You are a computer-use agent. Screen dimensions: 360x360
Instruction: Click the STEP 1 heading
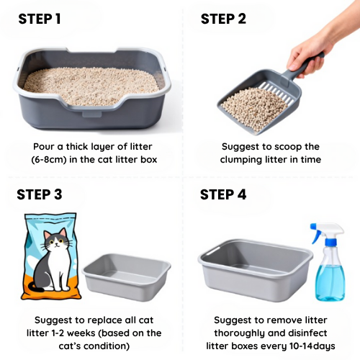coord(39,19)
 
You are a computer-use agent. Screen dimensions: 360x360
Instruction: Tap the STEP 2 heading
coord(223,19)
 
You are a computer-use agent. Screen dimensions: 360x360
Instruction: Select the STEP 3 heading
coord(40,194)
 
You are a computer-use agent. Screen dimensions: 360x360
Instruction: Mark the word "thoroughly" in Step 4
coord(242,332)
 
